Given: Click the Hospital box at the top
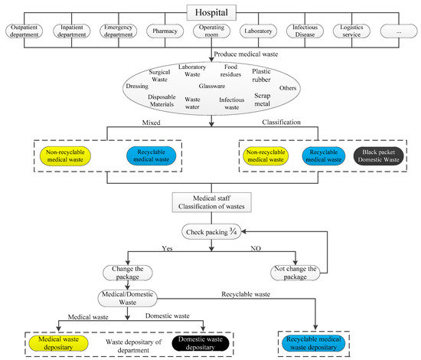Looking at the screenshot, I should tap(210, 12).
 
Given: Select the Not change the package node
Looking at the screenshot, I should tap(299, 272).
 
